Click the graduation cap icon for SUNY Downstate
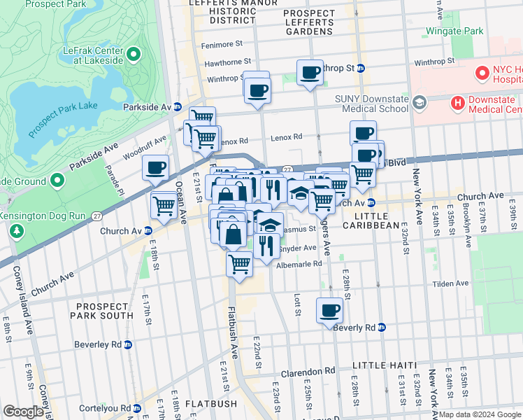[x=420, y=104]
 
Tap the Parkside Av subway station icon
[x=178, y=107]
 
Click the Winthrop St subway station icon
[x=361, y=69]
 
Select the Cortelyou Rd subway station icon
[x=137, y=407]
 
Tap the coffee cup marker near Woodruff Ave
[x=156, y=168]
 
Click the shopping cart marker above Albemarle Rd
[x=239, y=264]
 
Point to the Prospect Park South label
[x=102, y=311]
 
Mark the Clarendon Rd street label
[x=308, y=371]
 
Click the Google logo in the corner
[x=23, y=412]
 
